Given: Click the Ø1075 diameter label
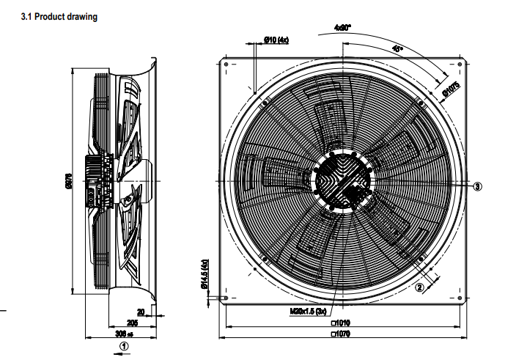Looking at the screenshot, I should click(x=451, y=90).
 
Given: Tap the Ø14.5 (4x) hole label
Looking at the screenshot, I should click(x=205, y=275).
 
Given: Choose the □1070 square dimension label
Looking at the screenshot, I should click(x=342, y=334).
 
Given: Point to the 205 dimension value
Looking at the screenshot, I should click(x=132, y=322).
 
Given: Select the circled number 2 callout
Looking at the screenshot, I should click(x=419, y=287).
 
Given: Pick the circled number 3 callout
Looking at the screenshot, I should click(x=478, y=186).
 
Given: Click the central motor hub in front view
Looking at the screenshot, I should click(x=343, y=180).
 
